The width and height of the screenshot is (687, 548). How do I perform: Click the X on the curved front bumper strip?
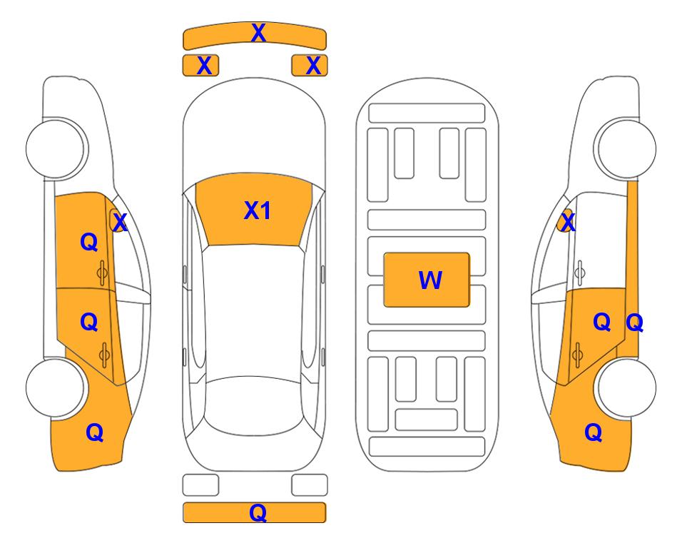pyautogui.click(x=258, y=33)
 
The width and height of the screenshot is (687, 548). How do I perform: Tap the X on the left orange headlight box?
pyautogui.click(x=204, y=66)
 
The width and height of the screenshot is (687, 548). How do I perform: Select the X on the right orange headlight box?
pyautogui.click(x=313, y=66)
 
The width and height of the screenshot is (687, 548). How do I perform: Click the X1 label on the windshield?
pyautogui.click(x=258, y=210)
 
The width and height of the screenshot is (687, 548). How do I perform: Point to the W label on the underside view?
pyautogui.click(x=430, y=280)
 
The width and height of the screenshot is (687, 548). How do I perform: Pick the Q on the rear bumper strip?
pyautogui.click(x=258, y=513)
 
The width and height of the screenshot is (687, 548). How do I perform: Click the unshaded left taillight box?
pyautogui.click(x=200, y=485)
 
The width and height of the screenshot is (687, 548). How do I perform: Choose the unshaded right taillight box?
pyautogui.click(x=310, y=485)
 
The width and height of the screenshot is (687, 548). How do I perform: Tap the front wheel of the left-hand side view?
pyautogui.click(x=56, y=149)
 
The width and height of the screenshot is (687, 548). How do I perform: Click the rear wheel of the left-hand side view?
pyautogui.click(x=56, y=387)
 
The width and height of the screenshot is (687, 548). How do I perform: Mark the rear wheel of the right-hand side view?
pyautogui.click(x=627, y=387)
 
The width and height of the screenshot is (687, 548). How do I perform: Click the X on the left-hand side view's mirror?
pyautogui.click(x=120, y=223)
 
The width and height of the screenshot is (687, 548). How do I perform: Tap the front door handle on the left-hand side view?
pyautogui.click(x=103, y=273)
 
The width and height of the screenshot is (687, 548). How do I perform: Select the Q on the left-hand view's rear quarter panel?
pyautogui.click(x=95, y=433)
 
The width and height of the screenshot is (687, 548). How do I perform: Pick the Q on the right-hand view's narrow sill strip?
pyautogui.click(x=634, y=323)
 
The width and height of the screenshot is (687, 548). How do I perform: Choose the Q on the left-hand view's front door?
pyautogui.click(x=89, y=242)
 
